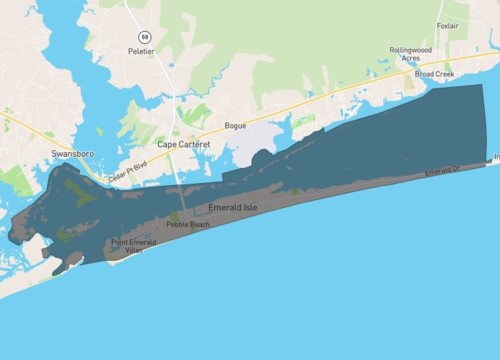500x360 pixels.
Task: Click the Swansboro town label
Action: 71,154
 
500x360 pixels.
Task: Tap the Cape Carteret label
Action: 183,144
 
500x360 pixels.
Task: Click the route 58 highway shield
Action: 145,36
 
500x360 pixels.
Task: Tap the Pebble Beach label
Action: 188,225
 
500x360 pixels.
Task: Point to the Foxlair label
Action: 449,25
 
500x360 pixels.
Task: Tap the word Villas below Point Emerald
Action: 132,251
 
